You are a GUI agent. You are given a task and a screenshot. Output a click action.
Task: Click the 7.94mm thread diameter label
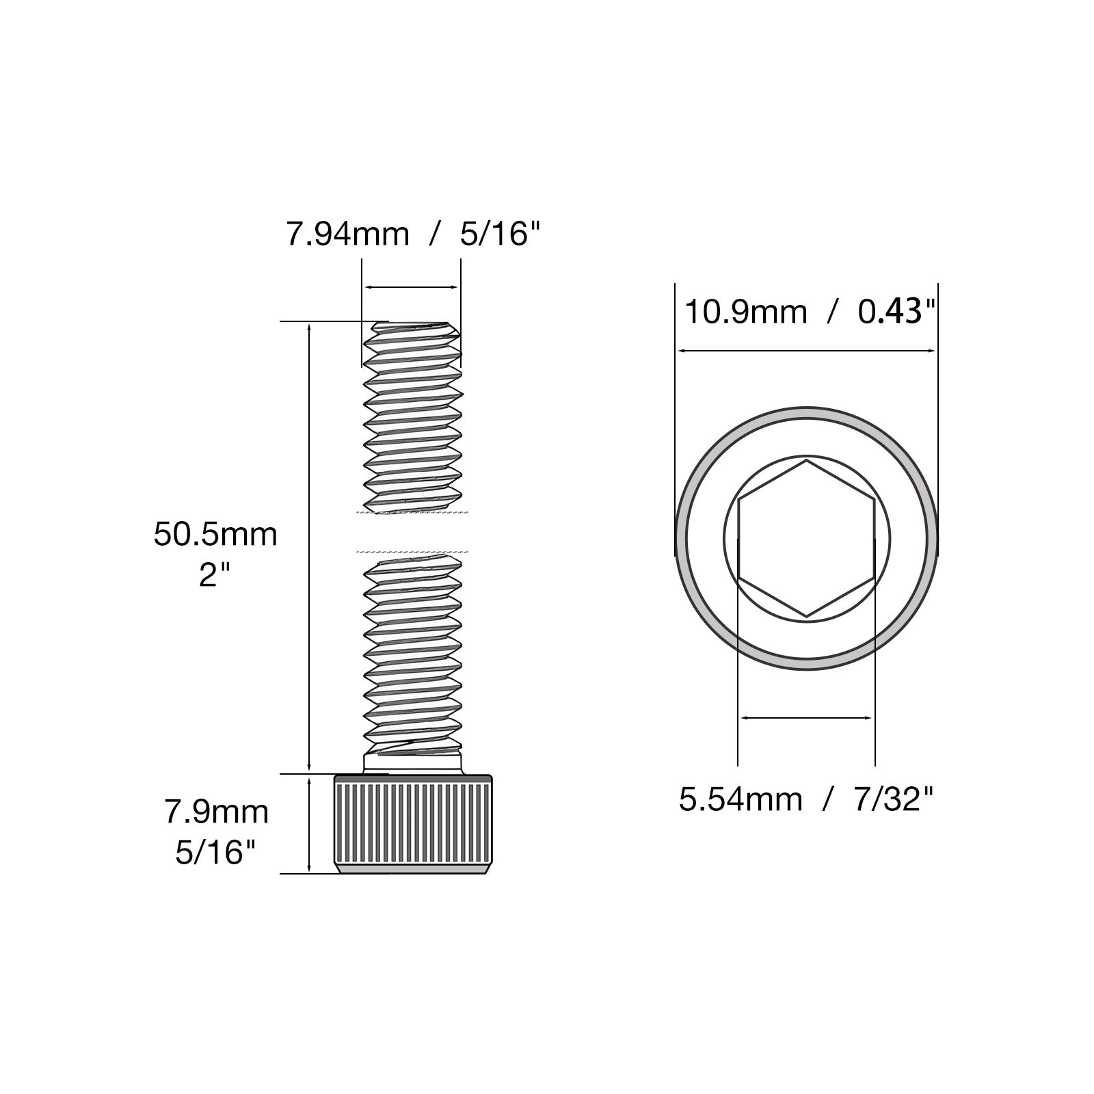(x=347, y=235)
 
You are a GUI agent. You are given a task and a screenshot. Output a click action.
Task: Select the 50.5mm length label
(x=215, y=534)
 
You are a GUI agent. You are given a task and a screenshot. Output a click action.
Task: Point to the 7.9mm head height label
(x=216, y=812)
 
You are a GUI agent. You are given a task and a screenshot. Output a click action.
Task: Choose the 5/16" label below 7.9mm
(x=216, y=853)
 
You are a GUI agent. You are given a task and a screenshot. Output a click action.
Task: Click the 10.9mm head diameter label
(x=746, y=312)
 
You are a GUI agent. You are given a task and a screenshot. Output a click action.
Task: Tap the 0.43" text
(x=896, y=312)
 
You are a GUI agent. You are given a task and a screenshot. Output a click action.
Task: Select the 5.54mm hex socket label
(x=741, y=799)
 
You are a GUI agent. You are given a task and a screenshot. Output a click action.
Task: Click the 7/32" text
(x=893, y=799)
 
